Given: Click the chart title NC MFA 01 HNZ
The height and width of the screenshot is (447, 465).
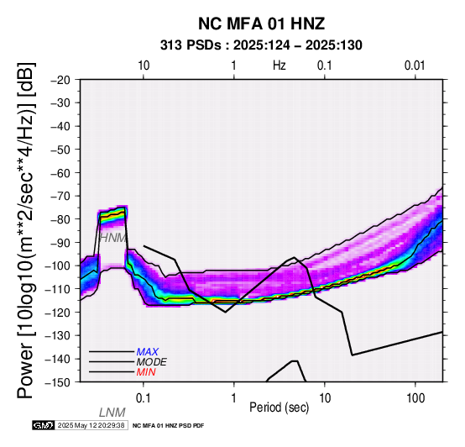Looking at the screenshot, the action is [x=261, y=24].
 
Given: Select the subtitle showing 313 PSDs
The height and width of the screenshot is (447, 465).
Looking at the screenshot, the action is [x=261, y=45].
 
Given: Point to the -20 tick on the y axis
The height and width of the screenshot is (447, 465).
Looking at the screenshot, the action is [x=60, y=80].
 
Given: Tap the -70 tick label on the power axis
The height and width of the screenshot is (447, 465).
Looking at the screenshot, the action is [x=60, y=197].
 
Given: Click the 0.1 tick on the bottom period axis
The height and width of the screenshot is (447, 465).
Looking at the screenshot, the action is [x=143, y=398].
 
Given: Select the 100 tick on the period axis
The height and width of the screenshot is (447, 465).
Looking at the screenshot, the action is [x=415, y=398].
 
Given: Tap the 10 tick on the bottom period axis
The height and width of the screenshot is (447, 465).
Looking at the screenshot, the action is [x=325, y=398].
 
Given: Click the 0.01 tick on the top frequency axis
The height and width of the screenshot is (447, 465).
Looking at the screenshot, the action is [x=415, y=66].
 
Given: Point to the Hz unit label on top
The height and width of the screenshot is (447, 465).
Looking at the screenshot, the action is [x=280, y=66].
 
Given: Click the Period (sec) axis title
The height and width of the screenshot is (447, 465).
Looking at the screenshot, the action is [x=280, y=408].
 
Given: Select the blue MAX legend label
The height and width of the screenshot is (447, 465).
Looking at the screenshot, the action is [x=148, y=352].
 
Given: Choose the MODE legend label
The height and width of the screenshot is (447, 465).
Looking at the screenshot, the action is [x=152, y=362].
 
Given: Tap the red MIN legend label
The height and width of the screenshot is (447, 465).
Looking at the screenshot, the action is [x=146, y=372].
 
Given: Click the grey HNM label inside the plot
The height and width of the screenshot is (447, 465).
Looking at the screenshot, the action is [x=113, y=238].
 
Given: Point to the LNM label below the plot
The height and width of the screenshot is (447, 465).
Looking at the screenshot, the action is [x=112, y=413].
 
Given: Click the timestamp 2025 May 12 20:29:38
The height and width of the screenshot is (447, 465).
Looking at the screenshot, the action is [x=91, y=426].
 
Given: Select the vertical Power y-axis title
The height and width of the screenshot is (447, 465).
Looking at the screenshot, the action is [x=26, y=230].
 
